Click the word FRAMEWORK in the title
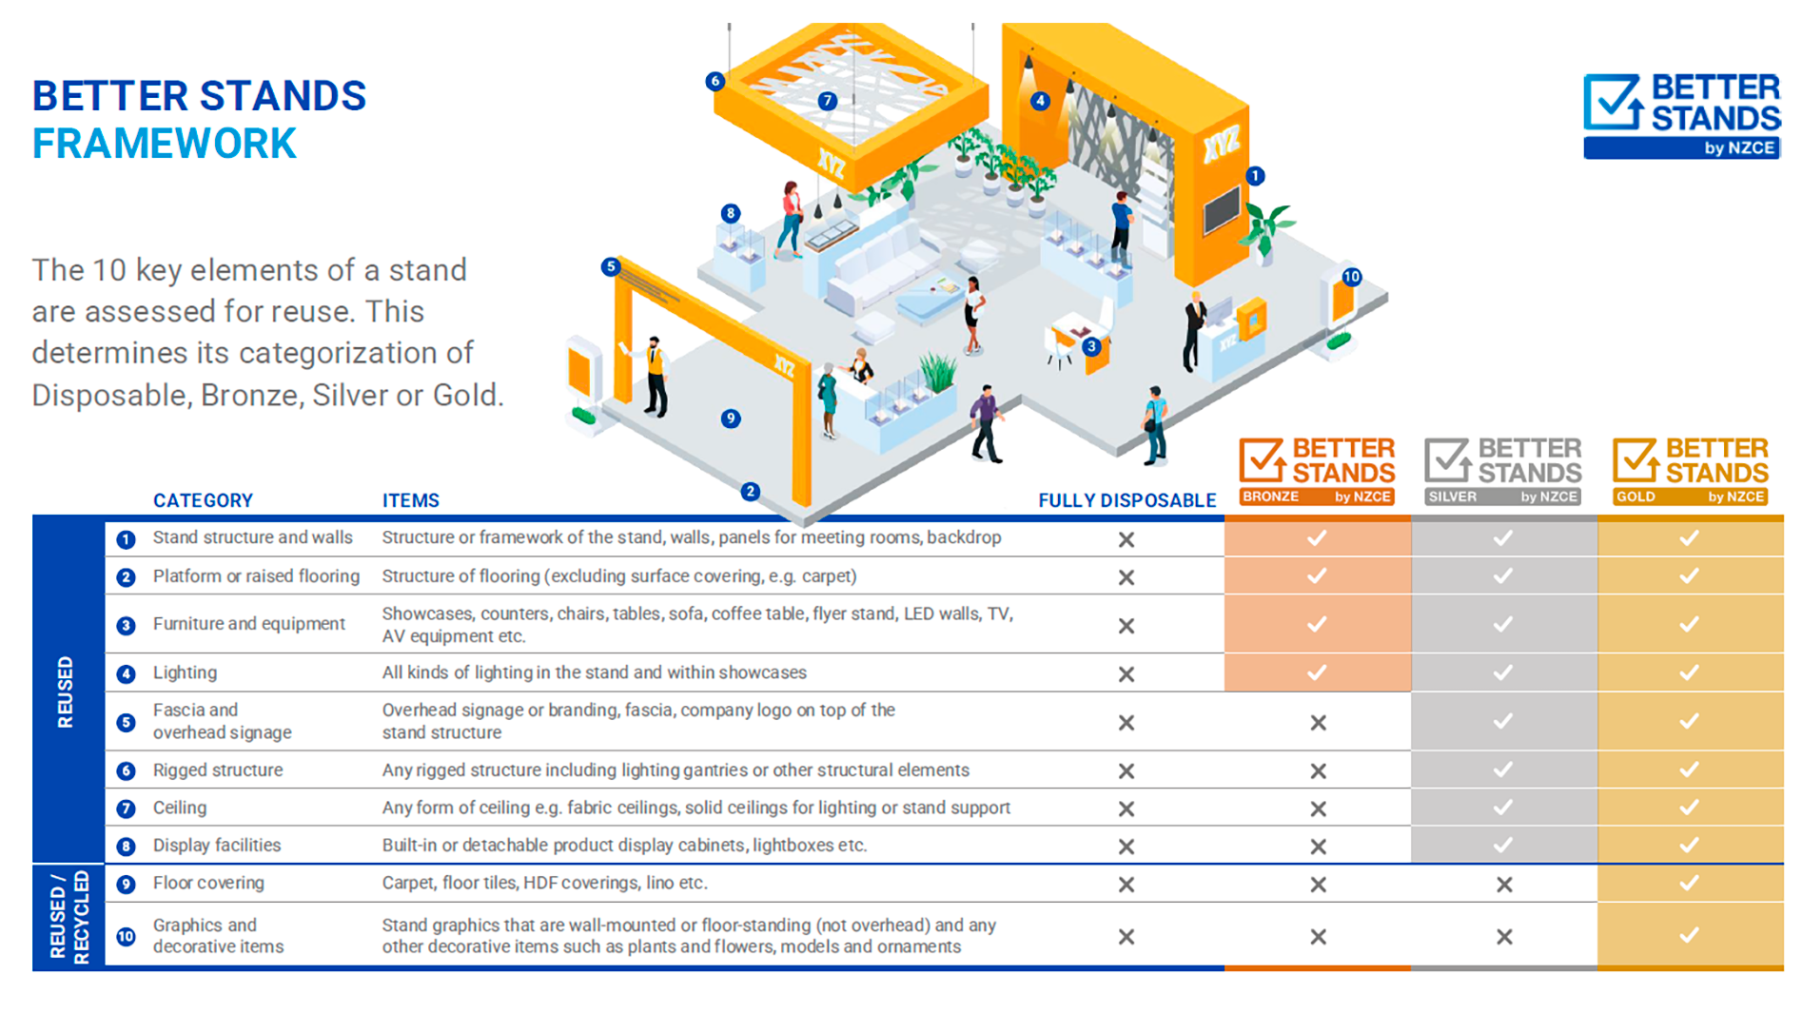(165, 145)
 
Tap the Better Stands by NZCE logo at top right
(1681, 115)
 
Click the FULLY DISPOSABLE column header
(1126, 500)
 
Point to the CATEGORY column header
(203, 500)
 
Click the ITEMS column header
(410, 500)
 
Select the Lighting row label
(185, 672)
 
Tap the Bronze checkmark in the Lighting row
(1317, 672)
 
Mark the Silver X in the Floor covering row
(1503, 885)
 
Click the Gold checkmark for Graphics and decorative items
(1689, 935)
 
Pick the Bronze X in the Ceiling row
(1318, 808)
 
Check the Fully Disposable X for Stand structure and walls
(1126, 539)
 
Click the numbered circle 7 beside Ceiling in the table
(126, 808)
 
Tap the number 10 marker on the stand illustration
(1351, 277)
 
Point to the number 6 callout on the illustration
(715, 81)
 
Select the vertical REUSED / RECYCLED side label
(69, 916)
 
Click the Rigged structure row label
(218, 769)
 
